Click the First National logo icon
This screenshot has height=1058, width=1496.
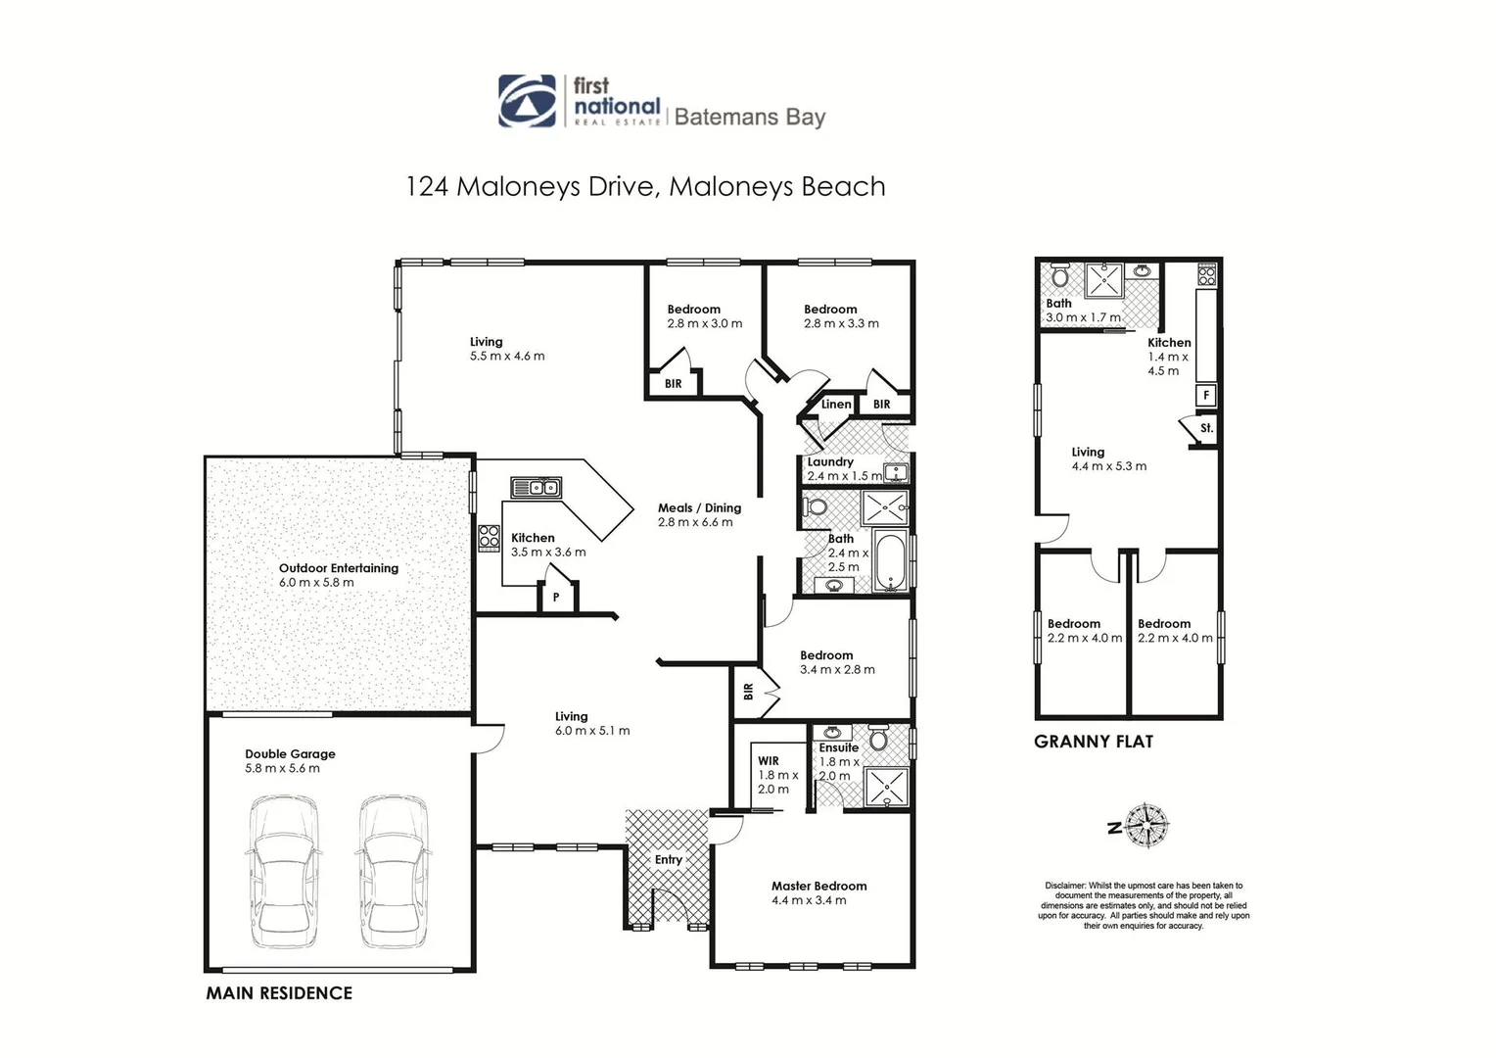click(527, 101)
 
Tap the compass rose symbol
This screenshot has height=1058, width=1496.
click(1146, 825)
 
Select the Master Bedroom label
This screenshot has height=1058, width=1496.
click(818, 886)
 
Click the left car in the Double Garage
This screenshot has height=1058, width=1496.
click(283, 872)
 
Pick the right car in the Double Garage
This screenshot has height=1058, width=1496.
click(393, 872)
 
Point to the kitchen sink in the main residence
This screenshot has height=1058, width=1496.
click(536, 488)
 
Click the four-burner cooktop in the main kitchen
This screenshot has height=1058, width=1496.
click(489, 538)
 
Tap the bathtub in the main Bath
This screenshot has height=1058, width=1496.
click(890, 561)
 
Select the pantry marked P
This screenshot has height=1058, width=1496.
click(556, 597)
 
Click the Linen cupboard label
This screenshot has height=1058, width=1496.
click(836, 404)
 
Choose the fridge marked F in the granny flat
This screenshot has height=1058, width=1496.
click(1206, 395)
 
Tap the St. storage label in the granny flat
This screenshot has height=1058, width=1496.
click(1206, 428)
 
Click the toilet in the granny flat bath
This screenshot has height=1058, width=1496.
click(1060, 274)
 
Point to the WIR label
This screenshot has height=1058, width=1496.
click(768, 760)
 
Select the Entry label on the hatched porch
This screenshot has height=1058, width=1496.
click(668, 859)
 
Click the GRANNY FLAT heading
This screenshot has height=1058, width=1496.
click(1094, 742)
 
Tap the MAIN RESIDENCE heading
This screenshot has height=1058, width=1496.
click(279, 993)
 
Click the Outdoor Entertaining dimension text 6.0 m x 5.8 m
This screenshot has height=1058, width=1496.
click(316, 582)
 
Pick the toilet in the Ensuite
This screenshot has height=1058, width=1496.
click(878, 738)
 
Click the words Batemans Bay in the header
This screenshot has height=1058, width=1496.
click(750, 117)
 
